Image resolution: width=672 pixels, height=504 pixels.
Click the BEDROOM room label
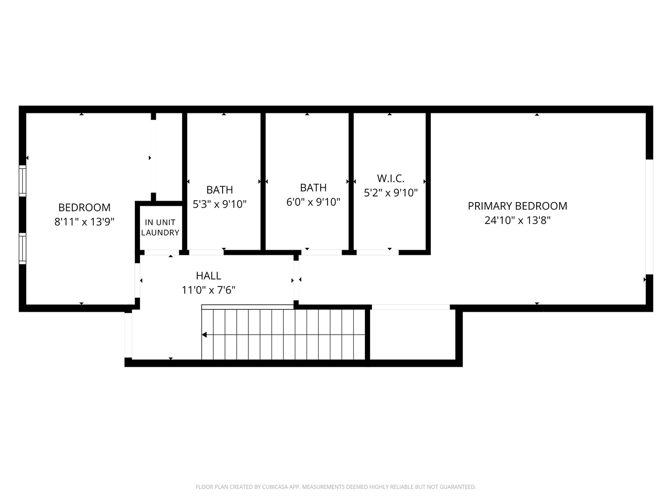coord(84,208)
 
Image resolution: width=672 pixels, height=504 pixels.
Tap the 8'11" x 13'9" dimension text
coord(84,222)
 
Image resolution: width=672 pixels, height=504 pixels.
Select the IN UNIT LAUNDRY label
coord(160,227)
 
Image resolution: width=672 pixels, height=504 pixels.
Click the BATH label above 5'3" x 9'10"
coord(220,190)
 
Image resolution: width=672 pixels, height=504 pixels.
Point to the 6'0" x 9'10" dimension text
coord(313,202)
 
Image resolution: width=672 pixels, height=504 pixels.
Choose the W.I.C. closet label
coord(391,178)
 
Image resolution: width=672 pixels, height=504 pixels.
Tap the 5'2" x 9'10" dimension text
coord(391,193)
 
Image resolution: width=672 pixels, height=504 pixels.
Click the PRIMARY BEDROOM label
coord(518,206)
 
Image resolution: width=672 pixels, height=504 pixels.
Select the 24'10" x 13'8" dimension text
coord(518,220)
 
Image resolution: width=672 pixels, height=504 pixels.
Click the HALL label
coord(209,276)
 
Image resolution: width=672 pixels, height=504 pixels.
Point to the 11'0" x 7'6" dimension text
coord(209,290)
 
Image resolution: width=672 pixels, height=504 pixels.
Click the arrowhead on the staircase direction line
coord(204,335)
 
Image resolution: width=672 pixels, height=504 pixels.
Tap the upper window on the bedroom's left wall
coord(22,180)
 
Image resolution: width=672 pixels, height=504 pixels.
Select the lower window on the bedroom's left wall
coord(22,248)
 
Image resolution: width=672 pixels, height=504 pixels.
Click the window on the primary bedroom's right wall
coord(649,217)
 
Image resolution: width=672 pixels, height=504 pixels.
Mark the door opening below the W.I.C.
coord(377,252)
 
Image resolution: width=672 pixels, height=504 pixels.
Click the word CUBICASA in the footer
coord(271,487)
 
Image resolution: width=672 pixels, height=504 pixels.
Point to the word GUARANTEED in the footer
coord(457,487)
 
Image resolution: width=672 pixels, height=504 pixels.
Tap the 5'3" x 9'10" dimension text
coord(220,204)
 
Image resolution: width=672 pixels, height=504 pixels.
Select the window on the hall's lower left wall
coord(128,335)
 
